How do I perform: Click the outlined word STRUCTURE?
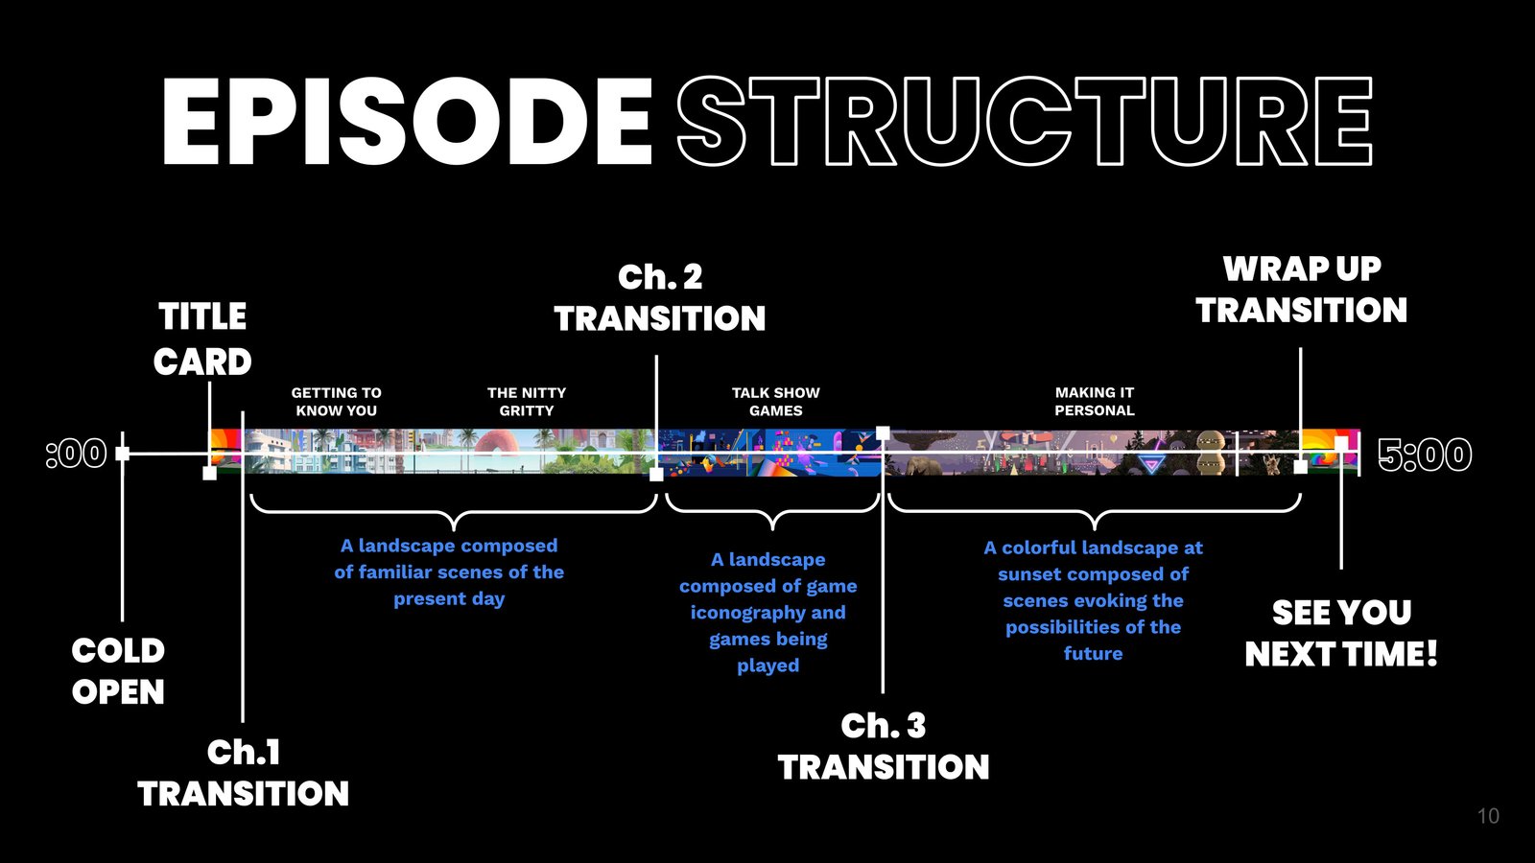pyautogui.click(x=1025, y=123)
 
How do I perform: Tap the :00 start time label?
pyautogui.click(x=77, y=454)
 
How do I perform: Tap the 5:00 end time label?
pyautogui.click(x=1425, y=455)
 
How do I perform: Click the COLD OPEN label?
pyautogui.click(x=118, y=671)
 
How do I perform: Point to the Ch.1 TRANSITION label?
pyautogui.click(x=244, y=773)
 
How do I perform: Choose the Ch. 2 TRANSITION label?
pyautogui.click(x=660, y=298)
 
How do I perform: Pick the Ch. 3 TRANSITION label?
pyautogui.click(x=884, y=746)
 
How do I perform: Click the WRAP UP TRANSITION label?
pyautogui.click(x=1302, y=290)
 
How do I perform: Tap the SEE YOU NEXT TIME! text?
pyautogui.click(x=1341, y=633)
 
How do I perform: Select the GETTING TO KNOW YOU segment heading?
pyautogui.click(x=337, y=402)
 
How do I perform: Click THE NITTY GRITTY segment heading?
pyautogui.click(x=527, y=402)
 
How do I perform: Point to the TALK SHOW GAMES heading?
pyautogui.click(x=776, y=402)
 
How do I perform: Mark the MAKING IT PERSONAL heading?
pyautogui.click(x=1095, y=402)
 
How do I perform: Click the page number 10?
pyautogui.click(x=1488, y=816)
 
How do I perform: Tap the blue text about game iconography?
pyautogui.click(x=768, y=612)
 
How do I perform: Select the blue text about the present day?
pyautogui.click(x=449, y=571)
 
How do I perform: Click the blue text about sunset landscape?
pyautogui.click(x=1093, y=600)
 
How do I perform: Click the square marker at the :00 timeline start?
pyautogui.click(x=122, y=454)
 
